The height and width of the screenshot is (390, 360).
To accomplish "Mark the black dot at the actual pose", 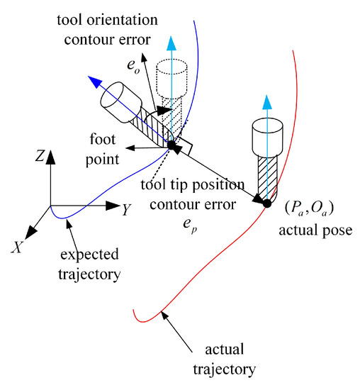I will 266,204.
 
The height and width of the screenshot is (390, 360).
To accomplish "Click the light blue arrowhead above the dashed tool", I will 170,40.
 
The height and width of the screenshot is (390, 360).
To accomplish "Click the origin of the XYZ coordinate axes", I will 51,206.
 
